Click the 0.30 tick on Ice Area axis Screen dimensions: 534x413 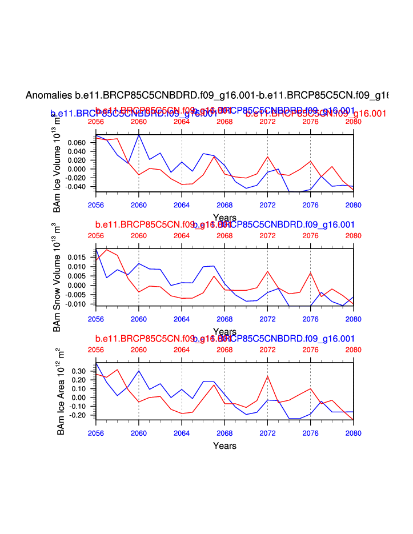pyautogui.click(x=80, y=371)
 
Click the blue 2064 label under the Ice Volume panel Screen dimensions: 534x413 pyautogui.click(x=182, y=203)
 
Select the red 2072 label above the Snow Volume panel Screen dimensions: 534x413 pyautogui.click(x=267, y=235)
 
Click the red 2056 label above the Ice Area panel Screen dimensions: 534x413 pyautogui.click(x=96, y=350)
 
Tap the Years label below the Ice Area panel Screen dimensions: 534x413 pyautogui.click(x=224, y=445)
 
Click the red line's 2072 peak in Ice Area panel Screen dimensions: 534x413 pyautogui.click(x=267, y=376)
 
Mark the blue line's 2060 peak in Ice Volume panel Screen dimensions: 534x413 pyautogui.click(x=139, y=135)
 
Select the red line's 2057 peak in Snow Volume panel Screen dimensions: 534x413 pyautogui.click(x=107, y=250)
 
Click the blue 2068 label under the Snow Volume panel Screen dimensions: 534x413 pyautogui.click(x=224, y=318)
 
